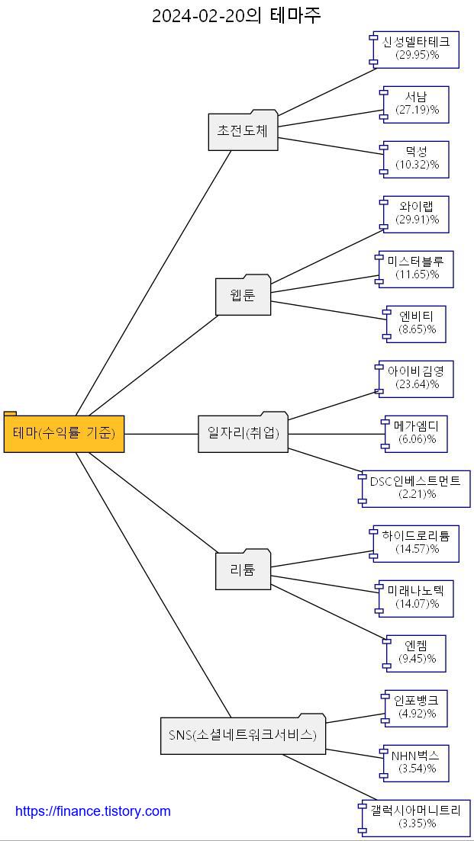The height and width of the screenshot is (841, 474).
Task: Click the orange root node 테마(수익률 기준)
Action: click(x=64, y=434)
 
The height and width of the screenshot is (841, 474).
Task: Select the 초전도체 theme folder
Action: click(x=243, y=131)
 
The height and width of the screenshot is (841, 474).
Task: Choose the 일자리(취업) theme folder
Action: click(x=243, y=434)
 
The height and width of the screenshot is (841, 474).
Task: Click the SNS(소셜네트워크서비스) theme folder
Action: click(x=243, y=736)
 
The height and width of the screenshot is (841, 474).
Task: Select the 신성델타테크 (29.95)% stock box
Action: click(x=416, y=50)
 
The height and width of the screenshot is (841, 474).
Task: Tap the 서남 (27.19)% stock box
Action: click(x=417, y=104)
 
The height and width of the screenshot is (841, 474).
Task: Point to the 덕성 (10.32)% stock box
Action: click(x=417, y=159)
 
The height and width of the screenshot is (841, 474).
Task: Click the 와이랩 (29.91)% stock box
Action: click(x=417, y=214)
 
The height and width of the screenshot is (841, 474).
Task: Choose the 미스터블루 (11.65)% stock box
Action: click(x=417, y=269)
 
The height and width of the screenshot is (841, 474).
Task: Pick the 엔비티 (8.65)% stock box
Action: click(x=417, y=324)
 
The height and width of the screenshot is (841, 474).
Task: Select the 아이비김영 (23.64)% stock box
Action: click(x=417, y=379)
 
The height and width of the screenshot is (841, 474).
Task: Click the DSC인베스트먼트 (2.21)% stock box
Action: click(x=416, y=489)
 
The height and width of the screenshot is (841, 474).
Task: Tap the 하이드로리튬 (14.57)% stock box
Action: click(x=416, y=544)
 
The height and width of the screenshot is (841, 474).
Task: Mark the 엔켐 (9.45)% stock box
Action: click(x=417, y=653)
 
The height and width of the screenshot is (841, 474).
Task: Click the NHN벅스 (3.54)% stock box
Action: click(x=417, y=763)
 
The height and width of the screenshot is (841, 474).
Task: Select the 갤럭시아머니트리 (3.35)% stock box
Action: click(x=416, y=818)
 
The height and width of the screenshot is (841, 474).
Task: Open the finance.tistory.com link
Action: click(x=93, y=811)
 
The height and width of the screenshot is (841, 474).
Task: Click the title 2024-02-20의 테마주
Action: click(x=237, y=15)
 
